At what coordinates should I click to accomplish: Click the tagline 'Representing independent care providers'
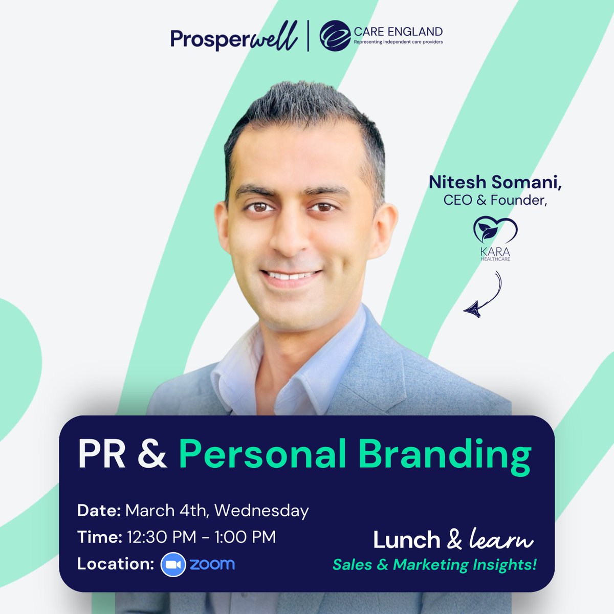[398, 42]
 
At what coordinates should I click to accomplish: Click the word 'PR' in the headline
[101, 454]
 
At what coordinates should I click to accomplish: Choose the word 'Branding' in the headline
[438, 455]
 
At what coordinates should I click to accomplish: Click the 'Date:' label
[99, 510]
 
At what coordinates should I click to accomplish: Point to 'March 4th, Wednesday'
[217, 510]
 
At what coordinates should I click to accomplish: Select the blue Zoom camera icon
[173, 564]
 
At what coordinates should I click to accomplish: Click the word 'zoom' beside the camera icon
[212, 564]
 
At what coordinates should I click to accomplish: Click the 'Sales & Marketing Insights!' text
[434, 565]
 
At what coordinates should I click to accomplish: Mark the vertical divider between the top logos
[308, 37]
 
